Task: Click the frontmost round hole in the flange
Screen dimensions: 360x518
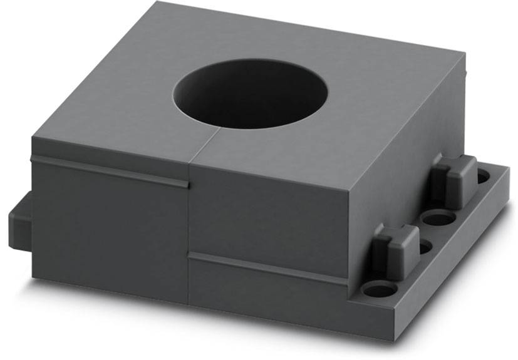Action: point(377,291)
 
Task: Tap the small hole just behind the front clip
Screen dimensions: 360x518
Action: point(425,248)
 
